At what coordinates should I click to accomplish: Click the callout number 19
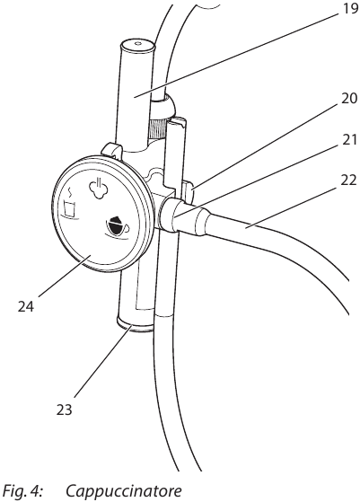(x=350, y=9)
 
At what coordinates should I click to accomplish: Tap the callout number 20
(x=349, y=99)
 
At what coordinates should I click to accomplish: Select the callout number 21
(x=349, y=140)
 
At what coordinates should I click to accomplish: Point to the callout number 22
(x=348, y=181)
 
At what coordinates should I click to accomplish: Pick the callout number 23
(x=65, y=410)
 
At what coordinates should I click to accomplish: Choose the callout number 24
(x=26, y=307)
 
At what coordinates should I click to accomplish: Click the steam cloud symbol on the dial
(x=98, y=188)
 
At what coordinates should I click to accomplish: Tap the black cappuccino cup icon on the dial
(x=117, y=227)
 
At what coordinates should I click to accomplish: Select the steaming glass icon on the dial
(x=70, y=205)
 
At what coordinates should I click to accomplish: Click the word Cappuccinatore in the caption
(x=124, y=490)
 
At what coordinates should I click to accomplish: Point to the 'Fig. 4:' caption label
(x=22, y=490)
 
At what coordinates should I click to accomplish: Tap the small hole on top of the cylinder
(x=138, y=42)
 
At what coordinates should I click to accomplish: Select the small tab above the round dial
(x=111, y=150)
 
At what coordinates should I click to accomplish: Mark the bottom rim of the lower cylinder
(x=136, y=324)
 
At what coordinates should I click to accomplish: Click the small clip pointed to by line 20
(x=188, y=192)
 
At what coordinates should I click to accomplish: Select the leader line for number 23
(x=102, y=361)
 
